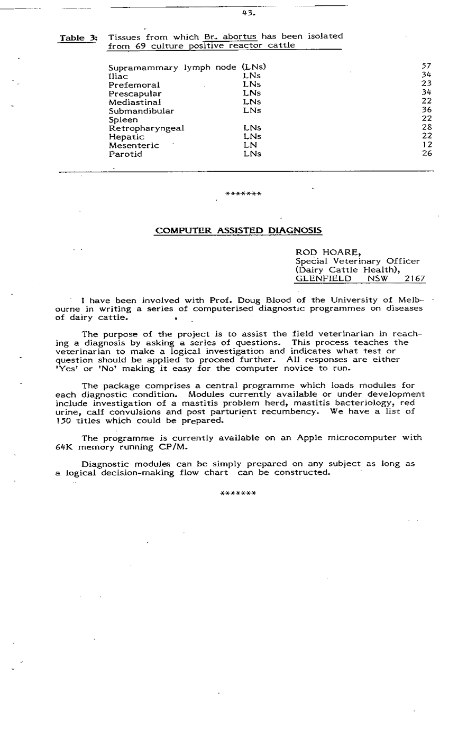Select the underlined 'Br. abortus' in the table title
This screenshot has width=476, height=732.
[x=230, y=36]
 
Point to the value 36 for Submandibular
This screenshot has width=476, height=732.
[x=427, y=110]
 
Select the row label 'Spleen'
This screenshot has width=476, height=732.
[x=123, y=119]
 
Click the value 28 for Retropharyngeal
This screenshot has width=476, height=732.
[x=427, y=127]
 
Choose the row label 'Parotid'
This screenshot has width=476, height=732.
[x=125, y=154]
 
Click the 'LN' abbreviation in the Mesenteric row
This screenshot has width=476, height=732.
[x=250, y=145]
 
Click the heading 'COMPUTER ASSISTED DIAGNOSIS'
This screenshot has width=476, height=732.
[x=237, y=231]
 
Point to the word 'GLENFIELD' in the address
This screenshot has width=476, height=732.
[x=323, y=278]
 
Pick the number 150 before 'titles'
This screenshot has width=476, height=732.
[x=62, y=421]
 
